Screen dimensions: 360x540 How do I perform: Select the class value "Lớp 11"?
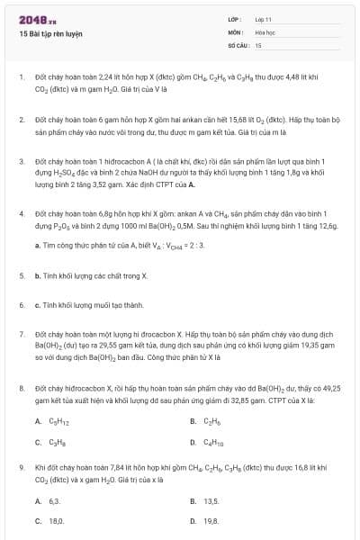[x=264, y=19]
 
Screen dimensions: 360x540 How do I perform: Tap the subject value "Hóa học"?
[x=264, y=31]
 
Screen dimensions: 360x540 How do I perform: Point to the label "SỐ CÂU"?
[x=238, y=44]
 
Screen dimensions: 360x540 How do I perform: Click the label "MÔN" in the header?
[x=236, y=31]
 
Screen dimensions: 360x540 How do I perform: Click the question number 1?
[x=21, y=77]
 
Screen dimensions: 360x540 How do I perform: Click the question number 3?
[x=21, y=161]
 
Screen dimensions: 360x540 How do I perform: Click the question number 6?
[x=21, y=305]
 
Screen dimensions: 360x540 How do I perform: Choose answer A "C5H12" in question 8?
[x=57, y=421]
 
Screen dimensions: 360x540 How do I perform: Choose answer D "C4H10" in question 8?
[x=214, y=442]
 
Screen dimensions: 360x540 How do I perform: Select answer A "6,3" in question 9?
[x=54, y=500]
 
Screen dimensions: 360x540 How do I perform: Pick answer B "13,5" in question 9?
[x=212, y=500]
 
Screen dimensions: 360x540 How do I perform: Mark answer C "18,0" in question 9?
[x=56, y=520]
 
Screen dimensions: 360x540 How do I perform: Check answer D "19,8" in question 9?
[x=212, y=520]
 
